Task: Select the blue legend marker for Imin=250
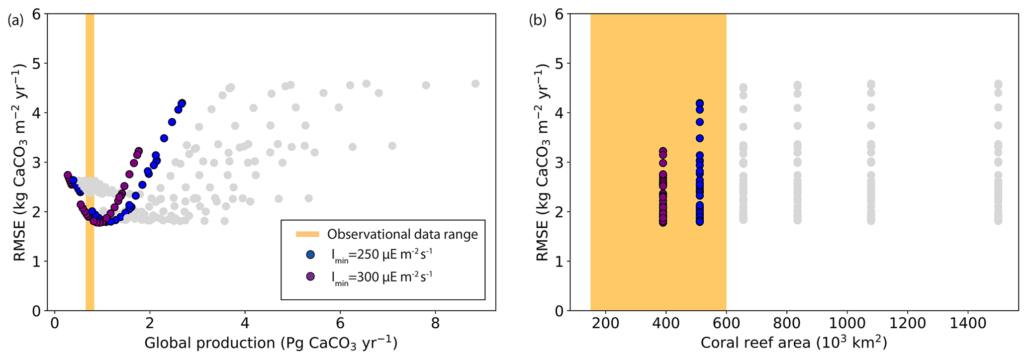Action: click(x=311, y=255)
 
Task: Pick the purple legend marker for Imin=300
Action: click(x=311, y=276)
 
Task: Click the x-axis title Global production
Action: click(x=271, y=344)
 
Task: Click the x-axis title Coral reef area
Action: click(x=794, y=344)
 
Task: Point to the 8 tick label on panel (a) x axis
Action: click(x=435, y=324)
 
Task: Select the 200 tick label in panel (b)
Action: click(x=606, y=324)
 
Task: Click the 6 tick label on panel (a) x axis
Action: click(x=340, y=324)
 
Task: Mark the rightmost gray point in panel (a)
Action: click(x=475, y=84)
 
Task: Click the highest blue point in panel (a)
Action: click(x=182, y=103)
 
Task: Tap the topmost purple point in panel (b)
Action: click(x=663, y=151)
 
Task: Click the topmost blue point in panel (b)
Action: click(x=700, y=103)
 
